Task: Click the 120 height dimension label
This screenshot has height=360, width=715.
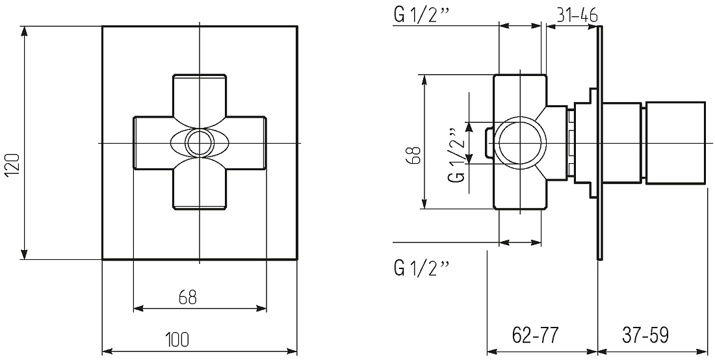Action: [x=13, y=166]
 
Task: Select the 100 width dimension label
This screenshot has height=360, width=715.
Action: [x=177, y=339]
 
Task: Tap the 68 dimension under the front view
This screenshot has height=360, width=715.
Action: [x=187, y=297]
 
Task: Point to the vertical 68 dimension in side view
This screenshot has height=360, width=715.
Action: [x=413, y=155]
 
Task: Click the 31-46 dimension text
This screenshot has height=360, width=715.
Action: [x=577, y=16]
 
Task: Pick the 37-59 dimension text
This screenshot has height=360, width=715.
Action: [x=645, y=336]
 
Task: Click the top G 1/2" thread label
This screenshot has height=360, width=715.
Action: [x=421, y=16]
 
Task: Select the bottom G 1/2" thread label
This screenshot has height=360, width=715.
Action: [x=421, y=269]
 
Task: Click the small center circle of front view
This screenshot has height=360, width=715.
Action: [x=200, y=143]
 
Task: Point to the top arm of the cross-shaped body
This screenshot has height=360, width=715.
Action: [x=200, y=96]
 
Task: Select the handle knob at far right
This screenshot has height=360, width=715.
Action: [x=676, y=142]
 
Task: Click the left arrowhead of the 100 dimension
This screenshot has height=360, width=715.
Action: [x=107, y=352]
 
